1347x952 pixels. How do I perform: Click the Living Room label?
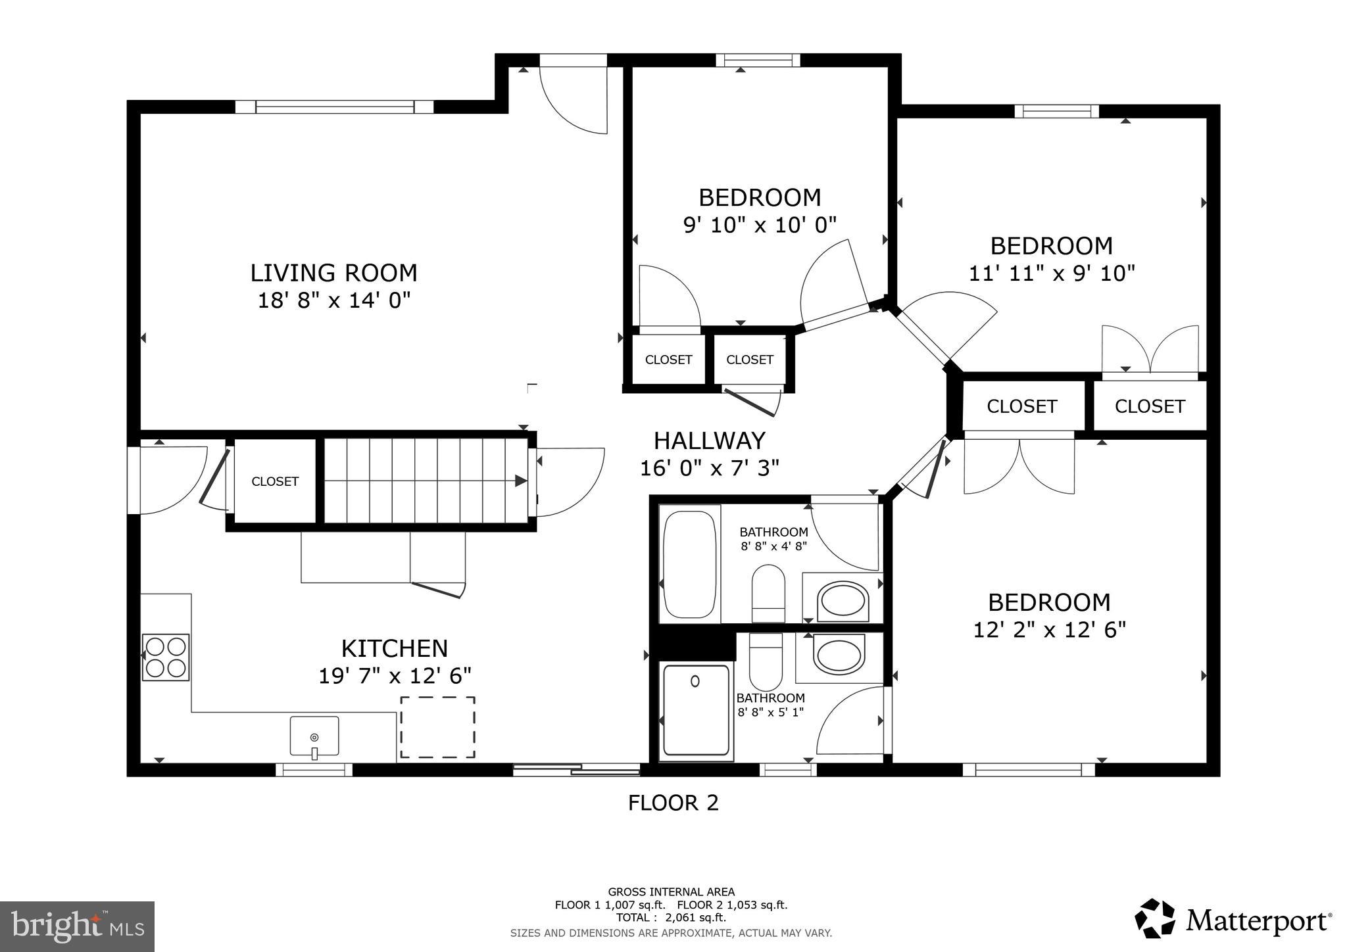coord(333,272)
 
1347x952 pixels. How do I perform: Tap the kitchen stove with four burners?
coord(166,657)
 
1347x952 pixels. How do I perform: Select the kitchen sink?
coord(314,736)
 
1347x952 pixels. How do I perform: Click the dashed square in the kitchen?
coord(437,727)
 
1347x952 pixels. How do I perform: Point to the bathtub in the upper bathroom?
coord(689,564)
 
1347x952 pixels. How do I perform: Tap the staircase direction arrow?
coord(520,481)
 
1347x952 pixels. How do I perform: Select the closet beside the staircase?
coord(275,481)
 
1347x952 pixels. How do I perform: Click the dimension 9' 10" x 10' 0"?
coord(760,225)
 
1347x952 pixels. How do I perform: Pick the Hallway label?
coord(709,440)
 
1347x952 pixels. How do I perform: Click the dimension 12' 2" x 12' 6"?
coord(1049,630)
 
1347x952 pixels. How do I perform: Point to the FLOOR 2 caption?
coord(673,803)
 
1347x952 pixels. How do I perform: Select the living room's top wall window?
coord(334,107)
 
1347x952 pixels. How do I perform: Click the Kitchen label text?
coord(394,648)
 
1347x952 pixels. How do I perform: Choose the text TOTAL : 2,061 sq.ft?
coord(671,917)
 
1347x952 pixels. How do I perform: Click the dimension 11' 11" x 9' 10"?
coord(1051,273)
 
